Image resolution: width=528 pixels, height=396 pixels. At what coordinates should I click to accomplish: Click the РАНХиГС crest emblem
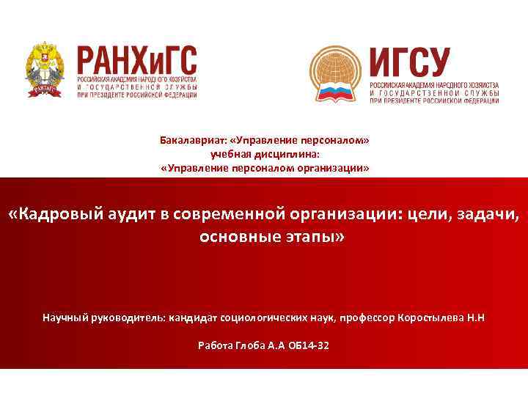pos(45,70)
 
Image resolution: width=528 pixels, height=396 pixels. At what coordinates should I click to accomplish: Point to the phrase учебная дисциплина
pos(265,154)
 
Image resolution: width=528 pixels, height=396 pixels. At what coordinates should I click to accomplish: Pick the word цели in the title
pos(421,215)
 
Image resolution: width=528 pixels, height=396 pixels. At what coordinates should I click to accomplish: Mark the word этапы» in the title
pos(309,238)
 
